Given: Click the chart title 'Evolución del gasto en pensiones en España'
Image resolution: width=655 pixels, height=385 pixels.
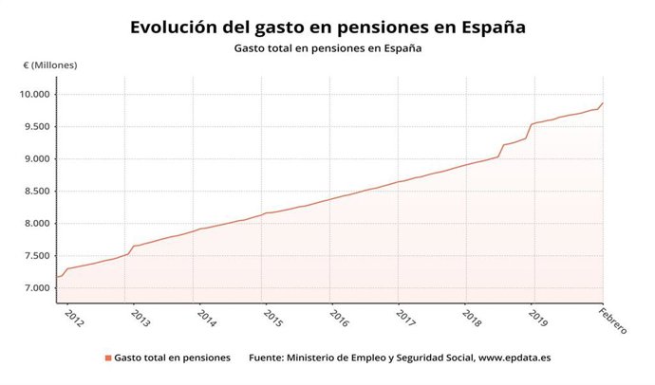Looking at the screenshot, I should (327, 27).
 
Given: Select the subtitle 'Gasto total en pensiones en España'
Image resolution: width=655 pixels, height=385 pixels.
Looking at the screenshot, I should (327, 48).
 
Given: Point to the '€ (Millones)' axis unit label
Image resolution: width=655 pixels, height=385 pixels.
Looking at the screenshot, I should (50, 65).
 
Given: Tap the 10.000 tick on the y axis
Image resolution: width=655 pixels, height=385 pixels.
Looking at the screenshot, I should (34, 94).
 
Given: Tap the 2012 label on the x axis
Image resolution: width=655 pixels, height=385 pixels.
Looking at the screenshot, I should (72, 316).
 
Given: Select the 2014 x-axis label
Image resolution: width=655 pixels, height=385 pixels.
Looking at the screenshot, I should (206, 316).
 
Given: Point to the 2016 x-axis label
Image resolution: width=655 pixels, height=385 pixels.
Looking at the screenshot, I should (339, 316).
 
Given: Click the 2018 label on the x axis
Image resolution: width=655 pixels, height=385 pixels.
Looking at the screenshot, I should (472, 316).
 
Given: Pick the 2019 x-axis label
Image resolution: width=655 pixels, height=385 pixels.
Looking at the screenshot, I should (538, 316).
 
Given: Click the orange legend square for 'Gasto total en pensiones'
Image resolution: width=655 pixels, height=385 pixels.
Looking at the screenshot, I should (108, 358).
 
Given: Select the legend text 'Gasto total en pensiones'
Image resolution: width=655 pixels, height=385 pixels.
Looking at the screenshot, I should (172, 358).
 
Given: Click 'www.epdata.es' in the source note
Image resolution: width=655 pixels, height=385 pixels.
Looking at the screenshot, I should (518, 358).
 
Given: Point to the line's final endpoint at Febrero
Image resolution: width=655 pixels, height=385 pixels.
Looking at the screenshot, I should (603, 102).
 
